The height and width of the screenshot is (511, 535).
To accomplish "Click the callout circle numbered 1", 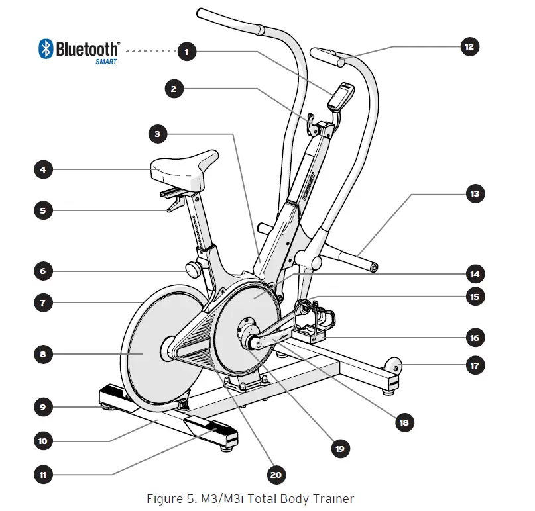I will [x=188, y=50].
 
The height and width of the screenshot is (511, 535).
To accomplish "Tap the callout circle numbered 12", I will [x=469, y=47].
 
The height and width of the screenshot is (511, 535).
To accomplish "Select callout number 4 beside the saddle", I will [x=43, y=169].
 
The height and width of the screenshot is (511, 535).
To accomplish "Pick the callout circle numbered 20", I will [x=275, y=475].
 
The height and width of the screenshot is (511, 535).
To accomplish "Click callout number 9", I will [x=43, y=407].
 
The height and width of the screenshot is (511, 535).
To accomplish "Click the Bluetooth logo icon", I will [x=46, y=48].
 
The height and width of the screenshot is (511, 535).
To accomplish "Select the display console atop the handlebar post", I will [x=340, y=97].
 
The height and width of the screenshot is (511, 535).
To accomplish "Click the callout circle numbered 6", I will [x=43, y=271].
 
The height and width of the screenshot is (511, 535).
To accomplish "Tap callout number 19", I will [x=340, y=449].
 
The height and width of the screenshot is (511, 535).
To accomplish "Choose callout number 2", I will [x=174, y=89].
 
